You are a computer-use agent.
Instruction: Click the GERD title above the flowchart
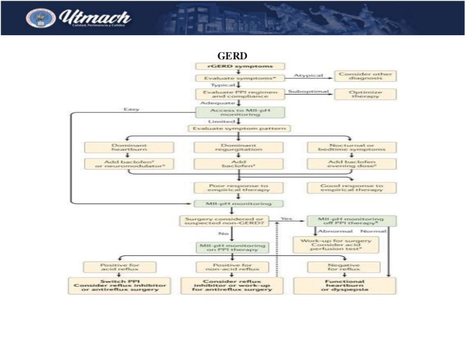click(232, 56)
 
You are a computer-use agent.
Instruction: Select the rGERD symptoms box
click(240, 66)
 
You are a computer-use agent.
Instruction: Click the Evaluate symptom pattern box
click(240, 128)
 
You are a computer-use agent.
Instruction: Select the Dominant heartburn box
click(128, 147)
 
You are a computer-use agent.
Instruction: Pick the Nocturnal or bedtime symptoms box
click(351, 147)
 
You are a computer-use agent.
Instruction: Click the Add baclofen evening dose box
click(351, 164)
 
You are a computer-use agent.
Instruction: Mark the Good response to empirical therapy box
click(351, 188)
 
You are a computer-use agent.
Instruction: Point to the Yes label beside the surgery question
click(286, 218)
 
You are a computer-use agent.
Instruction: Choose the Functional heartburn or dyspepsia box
click(344, 285)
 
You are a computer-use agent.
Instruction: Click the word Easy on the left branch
click(132, 110)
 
